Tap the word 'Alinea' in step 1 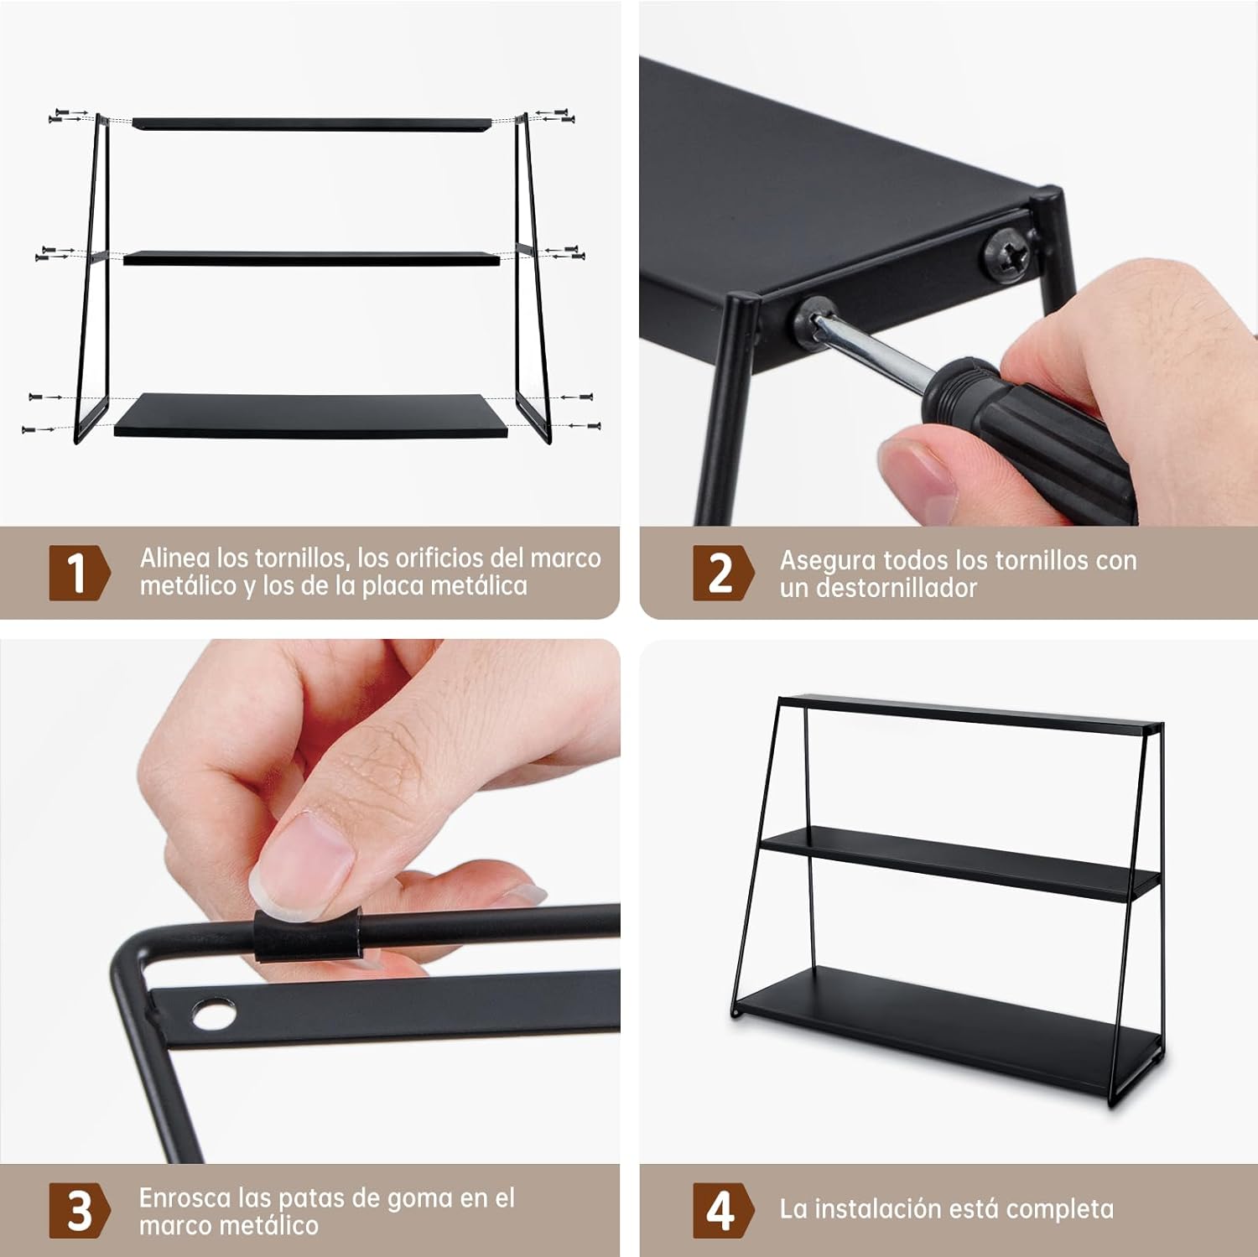pos(174,558)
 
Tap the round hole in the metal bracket pos(210,1015)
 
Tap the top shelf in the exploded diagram pos(311,123)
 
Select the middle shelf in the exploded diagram pos(311,258)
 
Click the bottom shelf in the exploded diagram pos(311,415)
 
